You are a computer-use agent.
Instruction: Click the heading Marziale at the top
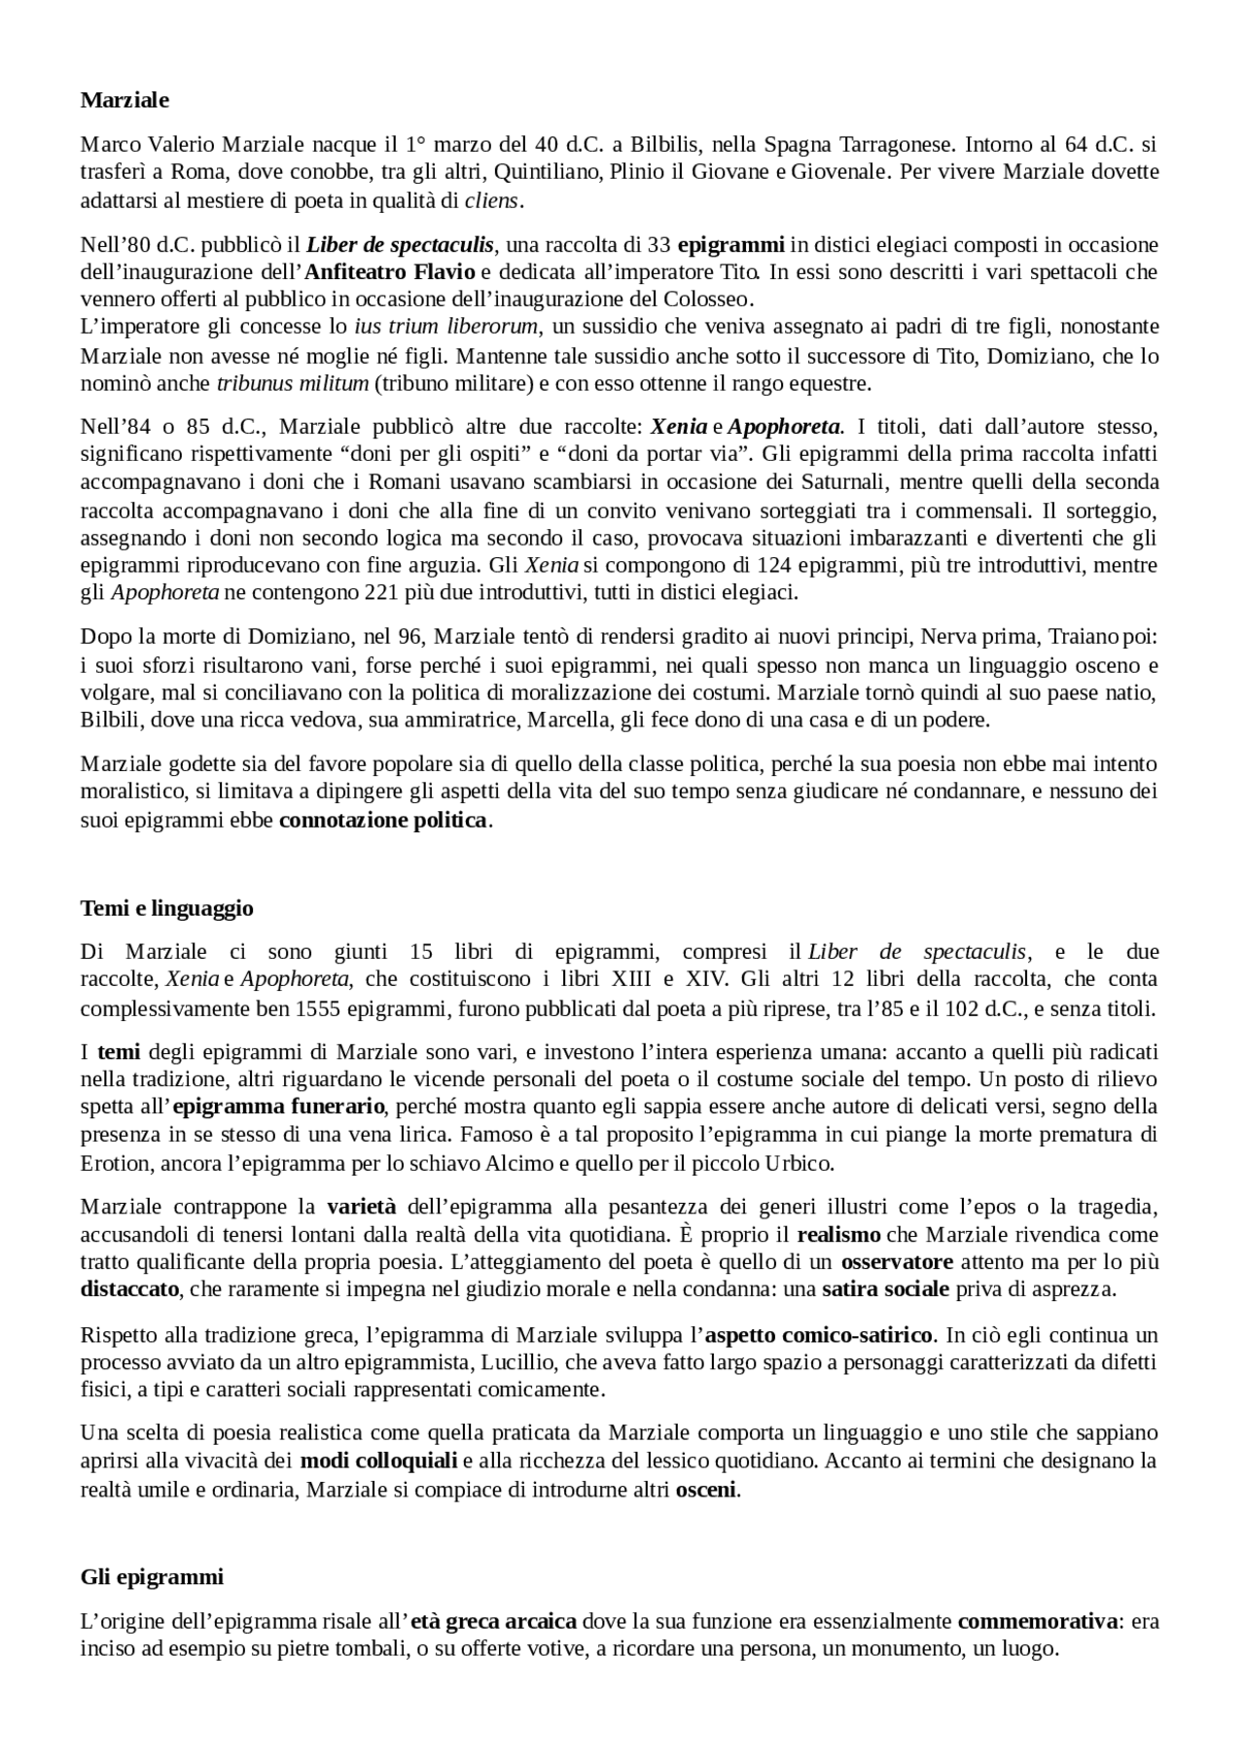[x=124, y=100]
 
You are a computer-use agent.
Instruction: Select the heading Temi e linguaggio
[x=166, y=908]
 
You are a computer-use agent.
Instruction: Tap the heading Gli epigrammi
[x=152, y=1576]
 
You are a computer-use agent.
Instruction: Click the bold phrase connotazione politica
[x=382, y=820]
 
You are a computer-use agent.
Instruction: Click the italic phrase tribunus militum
[x=292, y=383]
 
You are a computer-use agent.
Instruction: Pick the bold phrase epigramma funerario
[x=279, y=1107]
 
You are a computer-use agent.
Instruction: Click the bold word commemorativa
[x=1037, y=1621]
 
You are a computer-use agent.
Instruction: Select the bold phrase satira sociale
[x=885, y=1290]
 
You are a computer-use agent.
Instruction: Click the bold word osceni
[x=706, y=1489]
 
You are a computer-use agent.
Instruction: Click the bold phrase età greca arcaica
[x=494, y=1621]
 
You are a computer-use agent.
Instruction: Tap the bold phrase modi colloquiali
[x=378, y=1461]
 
